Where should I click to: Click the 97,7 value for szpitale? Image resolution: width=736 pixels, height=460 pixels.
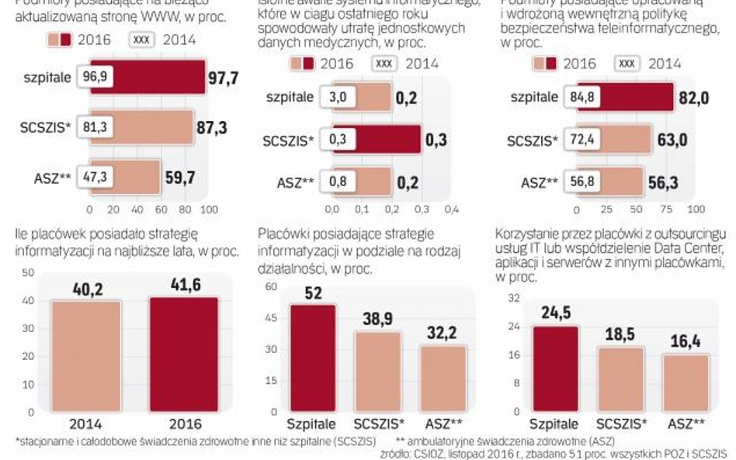tap(225, 78)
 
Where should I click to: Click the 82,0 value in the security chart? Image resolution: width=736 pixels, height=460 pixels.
tap(668, 98)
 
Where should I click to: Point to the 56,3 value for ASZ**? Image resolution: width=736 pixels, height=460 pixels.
tap(666, 185)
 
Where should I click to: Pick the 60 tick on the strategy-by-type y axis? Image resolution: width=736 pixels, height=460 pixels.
tap(271, 286)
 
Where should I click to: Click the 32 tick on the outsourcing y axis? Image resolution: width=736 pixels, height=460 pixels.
tap(513, 298)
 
